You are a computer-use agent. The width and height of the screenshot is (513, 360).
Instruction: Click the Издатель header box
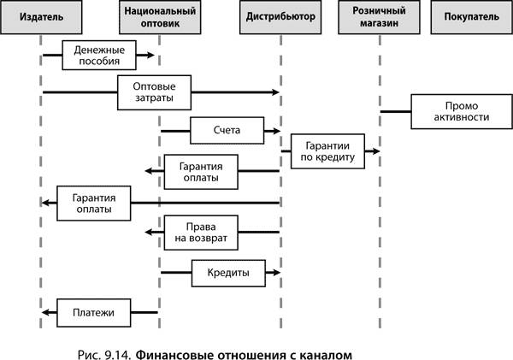tap(41, 17)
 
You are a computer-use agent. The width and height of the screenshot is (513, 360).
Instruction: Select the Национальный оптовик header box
tap(160, 17)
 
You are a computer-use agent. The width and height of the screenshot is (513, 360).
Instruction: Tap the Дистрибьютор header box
tap(280, 17)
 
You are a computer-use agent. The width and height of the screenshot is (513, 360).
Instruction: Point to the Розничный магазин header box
tap(379, 17)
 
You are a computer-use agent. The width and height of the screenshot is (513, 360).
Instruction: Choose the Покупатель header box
tap(471, 17)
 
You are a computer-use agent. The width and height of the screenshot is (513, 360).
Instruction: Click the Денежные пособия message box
tap(99, 56)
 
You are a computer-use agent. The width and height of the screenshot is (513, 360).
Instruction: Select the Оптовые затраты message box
tap(154, 92)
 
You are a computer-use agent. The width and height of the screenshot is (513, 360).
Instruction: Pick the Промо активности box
tap(462, 112)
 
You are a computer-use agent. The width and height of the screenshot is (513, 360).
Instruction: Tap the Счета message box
tap(227, 131)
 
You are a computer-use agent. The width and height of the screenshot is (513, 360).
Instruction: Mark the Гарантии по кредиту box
tap(327, 151)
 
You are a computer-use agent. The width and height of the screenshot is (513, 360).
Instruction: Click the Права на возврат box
tap(201, 233)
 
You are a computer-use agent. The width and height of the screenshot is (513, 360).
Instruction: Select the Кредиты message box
tap(228, 274)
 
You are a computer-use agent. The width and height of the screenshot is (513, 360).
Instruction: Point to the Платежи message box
tap(93, 313)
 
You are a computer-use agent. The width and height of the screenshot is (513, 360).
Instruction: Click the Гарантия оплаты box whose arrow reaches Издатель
tap(93, 204)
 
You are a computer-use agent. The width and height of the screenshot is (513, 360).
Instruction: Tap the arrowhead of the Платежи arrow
tap(45, 313)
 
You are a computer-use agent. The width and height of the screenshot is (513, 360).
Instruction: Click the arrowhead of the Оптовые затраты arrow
tap(276, 92)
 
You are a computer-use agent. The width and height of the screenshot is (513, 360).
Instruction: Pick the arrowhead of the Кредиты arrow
tap(277, 272)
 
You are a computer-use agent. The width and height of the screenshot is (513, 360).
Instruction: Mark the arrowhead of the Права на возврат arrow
tap(149, 233)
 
